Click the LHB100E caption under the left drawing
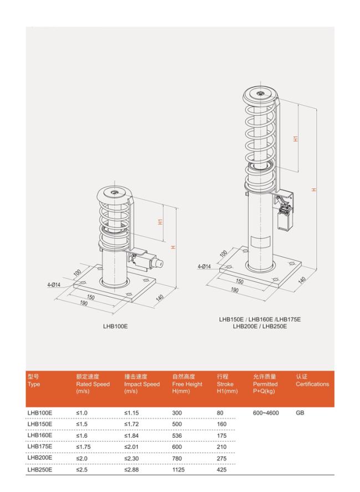click(115, 327)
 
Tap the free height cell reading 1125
click(178, 470)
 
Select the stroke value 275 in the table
click(222, 458)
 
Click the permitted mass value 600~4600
click(266, 413)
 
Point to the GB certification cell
click(300, 413)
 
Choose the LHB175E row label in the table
click(40, 447)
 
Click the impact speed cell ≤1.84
click(131, 436)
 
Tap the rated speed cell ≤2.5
click(81, 470)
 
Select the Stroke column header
click(227, 384)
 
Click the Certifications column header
click(312, 380)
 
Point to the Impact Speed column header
click(142, 384)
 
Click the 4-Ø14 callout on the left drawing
click(54, 285)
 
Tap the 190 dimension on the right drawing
click(235, 290)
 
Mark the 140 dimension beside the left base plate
click(160, 298)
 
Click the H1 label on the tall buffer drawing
click(296, 138)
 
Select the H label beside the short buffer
click(173, 247)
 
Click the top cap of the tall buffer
click(260, 95)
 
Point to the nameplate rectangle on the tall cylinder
click(260, 242)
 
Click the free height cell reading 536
click(177, 436)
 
